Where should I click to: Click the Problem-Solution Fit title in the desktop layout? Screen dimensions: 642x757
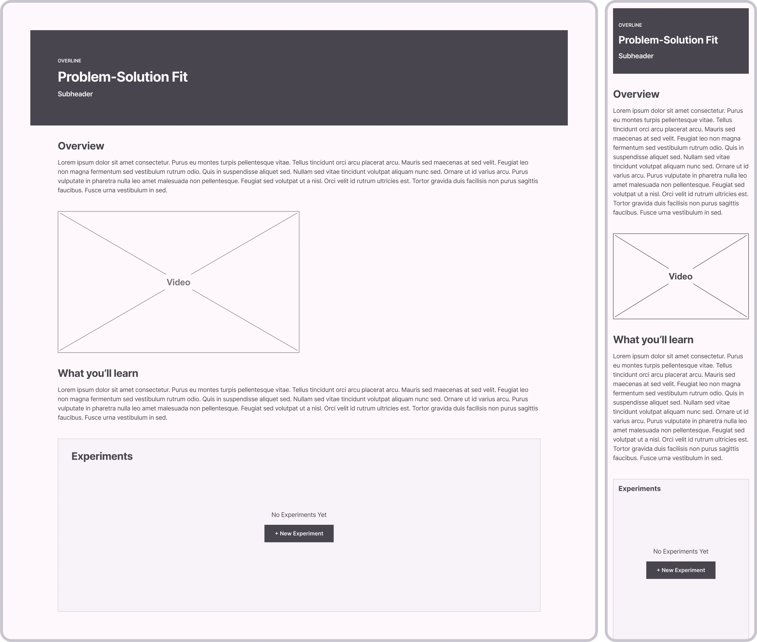tap(123, 77)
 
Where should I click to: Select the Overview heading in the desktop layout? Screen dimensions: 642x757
tap(81, 146)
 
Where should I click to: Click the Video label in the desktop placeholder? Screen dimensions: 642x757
tap(178, 282)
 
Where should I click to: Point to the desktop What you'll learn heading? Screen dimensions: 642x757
tap(98, 373)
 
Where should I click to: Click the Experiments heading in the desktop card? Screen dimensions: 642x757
tap(102, 456)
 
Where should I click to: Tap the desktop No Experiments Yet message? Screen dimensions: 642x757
tap(299, 515)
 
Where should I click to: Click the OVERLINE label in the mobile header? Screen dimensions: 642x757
tap(630, 25)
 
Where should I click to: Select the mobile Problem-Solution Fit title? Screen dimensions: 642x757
tap(668, 40)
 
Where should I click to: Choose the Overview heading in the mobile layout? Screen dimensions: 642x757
tap(636, 94)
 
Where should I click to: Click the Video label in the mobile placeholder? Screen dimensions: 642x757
tap(680, 276)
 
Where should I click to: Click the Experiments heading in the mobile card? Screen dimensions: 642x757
tap(639, 489)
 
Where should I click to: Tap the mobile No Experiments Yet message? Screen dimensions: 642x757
tap(680, 551)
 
